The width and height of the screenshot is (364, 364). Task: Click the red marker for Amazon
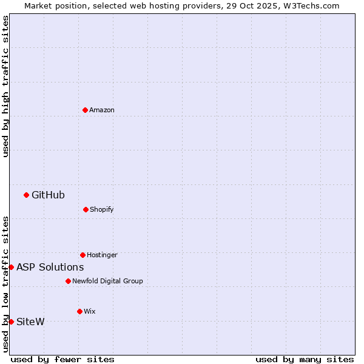(x=85, y=110)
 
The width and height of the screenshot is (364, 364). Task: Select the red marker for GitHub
(x=26, y=195)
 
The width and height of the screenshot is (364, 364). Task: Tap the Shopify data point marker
(x=86, y=209)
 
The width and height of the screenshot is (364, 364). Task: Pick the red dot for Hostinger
(x=83, y=255)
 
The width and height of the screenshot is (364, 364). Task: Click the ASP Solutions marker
(x=11, y=267)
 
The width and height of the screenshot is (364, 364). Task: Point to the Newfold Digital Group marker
(x=68, y=281)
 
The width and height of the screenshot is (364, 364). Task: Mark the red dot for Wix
(x=79, y=311)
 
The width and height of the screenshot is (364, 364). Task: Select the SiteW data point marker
(x=11, y=322)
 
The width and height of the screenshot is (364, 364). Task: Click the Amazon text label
(x=102, y=110)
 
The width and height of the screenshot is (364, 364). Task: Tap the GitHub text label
(x=48, y=195)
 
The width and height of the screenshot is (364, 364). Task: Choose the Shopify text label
(x=102, y=209)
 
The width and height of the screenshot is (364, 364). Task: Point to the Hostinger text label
(x=102, y=255)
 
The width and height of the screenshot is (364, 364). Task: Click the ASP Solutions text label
(x=50, y=267)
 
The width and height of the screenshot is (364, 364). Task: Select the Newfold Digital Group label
(x=107, y=281)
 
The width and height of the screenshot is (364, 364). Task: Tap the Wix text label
(x=90, y=311)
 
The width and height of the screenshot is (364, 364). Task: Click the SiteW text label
(x=30, y=322)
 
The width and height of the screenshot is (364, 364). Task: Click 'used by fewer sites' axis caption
(x=62, y=359)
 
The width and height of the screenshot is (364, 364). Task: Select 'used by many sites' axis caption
(x=305, y=359)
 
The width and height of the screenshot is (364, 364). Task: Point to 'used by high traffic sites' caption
(x=5, y=86)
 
